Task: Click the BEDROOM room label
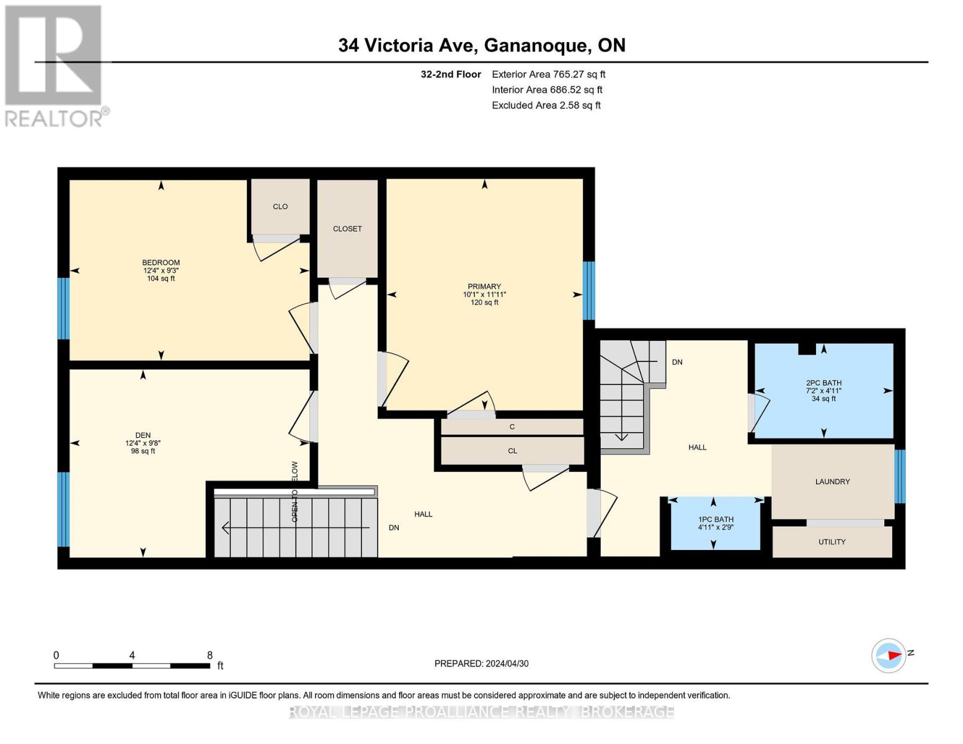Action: click(x=161, y=262)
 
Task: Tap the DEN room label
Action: click(x=143, y=435)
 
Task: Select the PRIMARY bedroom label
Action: click(x=484, y=286)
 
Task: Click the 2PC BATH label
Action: click(x=823, y=383)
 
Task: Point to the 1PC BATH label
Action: click(x=716, y=520)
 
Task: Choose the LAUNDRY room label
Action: click(x=832, y=482)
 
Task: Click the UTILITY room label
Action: click(x=832, y=542)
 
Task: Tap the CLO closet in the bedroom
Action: click(x=280, y=206)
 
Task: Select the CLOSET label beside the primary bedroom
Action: click(x=347, y=229)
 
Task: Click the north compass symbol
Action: click(x=889, y=655)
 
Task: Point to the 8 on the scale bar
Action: click(x=210, y=655)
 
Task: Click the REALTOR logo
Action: click(x=56, y=65)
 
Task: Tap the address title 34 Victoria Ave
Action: click(x=481, y=45)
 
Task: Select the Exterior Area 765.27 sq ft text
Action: click(x=548, y=74)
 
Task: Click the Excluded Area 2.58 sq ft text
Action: click(x=546, y=105)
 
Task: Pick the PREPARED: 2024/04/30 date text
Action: click(x=481, y=663)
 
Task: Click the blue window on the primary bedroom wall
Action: click(x=588, y=290)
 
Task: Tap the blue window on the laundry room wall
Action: click(x=900, y=476)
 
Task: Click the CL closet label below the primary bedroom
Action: click(x=512, y=451)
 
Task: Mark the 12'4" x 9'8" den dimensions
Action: click(x=143, y=443)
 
